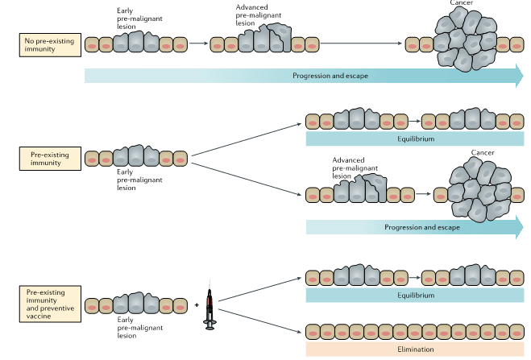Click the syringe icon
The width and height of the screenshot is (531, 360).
pyautogui.click(x=209, y=304)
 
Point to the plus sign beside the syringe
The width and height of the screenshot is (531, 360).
pyautogui.click(x=196, y=305)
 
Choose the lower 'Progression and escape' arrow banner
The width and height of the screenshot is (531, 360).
pyautogui.click(x=414, y=227)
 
